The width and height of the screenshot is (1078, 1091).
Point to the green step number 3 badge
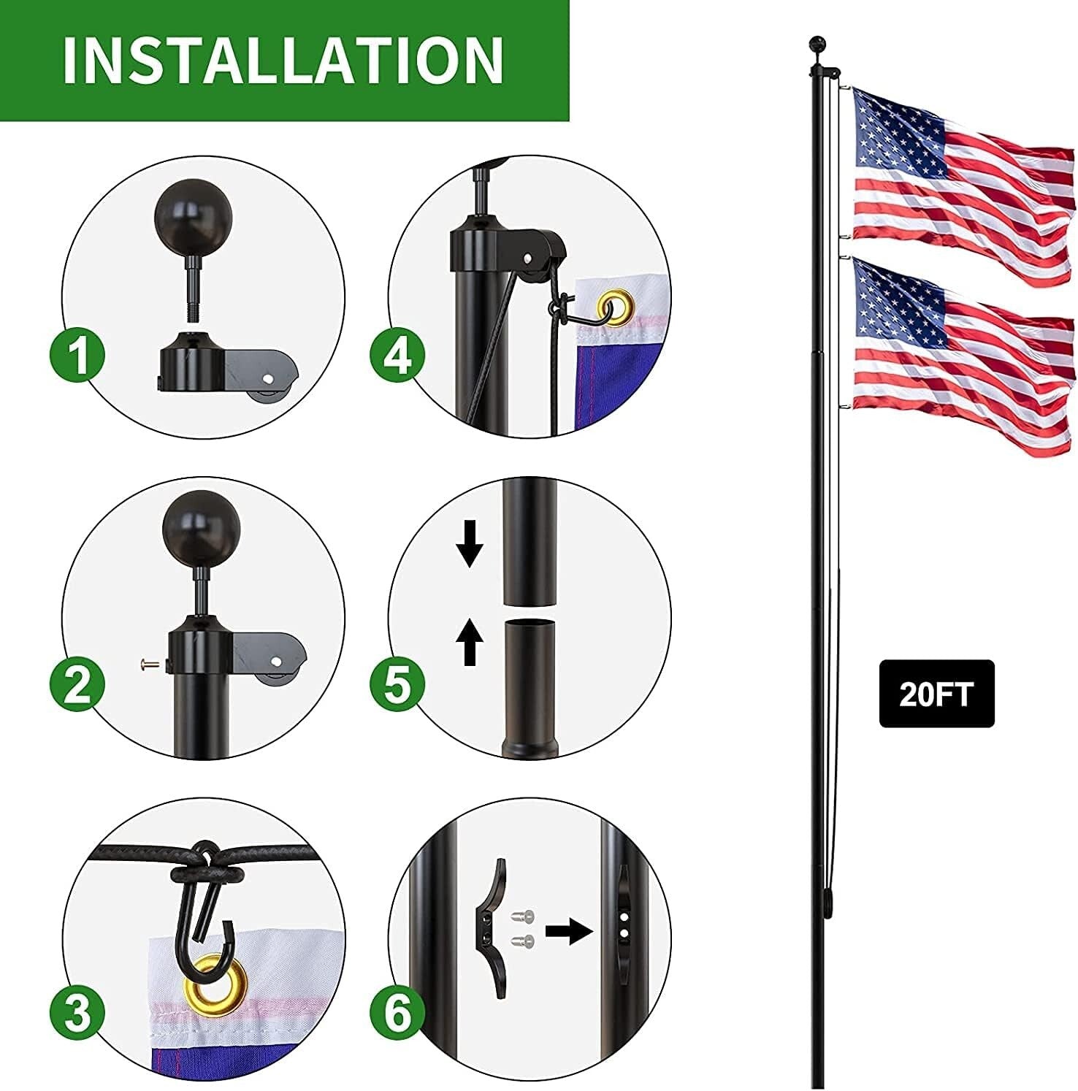click(x=78, y=1013)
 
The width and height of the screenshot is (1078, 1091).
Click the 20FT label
click(x=936, y=694)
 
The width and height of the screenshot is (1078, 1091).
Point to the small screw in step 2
click(x=148, y=665)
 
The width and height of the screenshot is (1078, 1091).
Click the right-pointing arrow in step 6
click(x=569, y=931)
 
